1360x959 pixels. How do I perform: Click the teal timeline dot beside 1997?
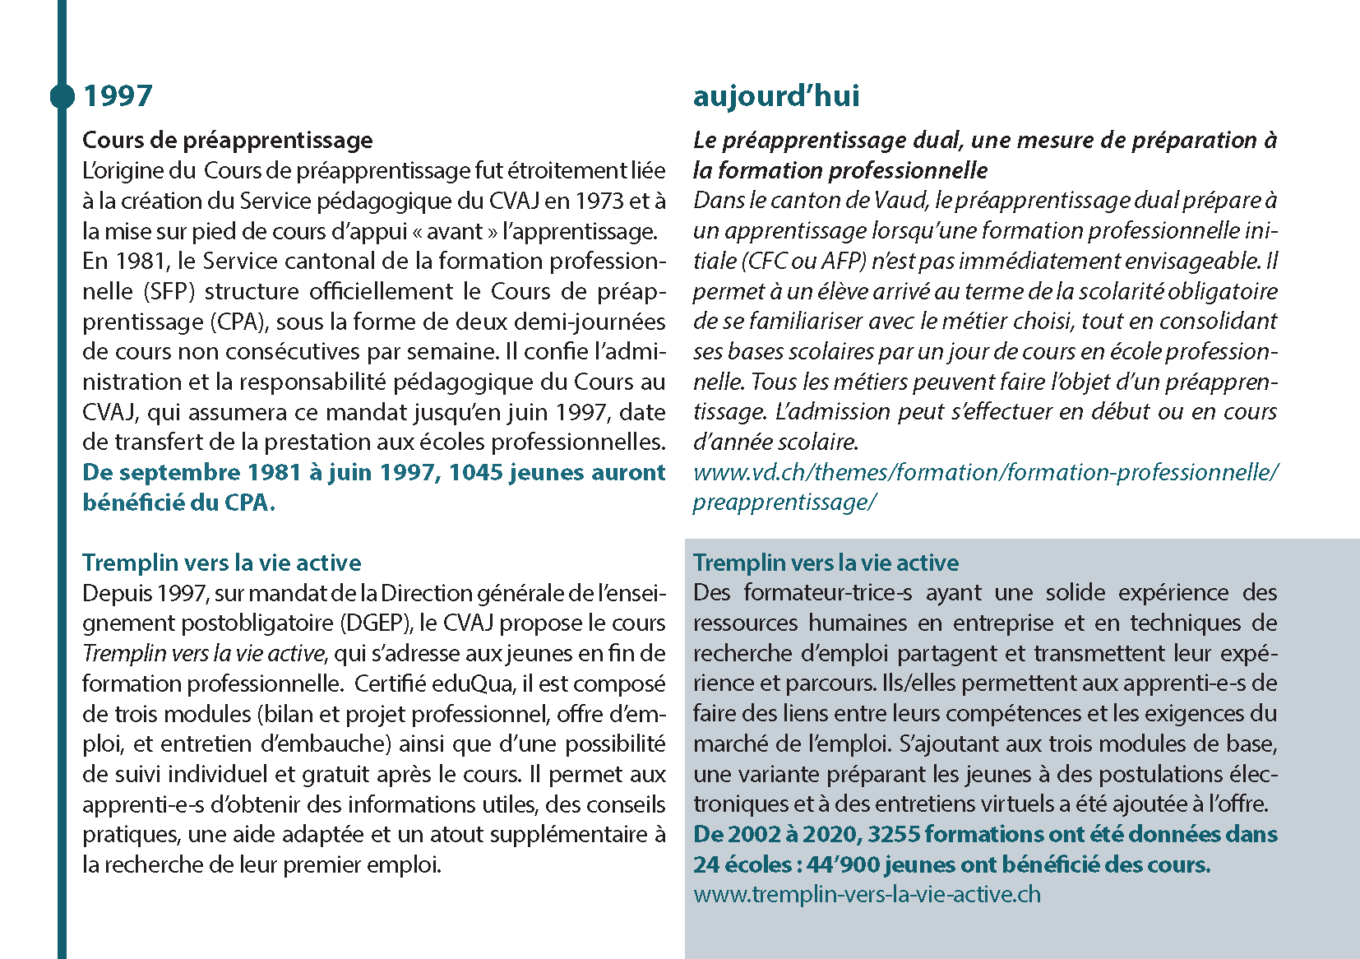point(62,96)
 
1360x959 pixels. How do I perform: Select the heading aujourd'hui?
point(775,96)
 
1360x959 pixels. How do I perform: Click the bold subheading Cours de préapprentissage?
point(227,140)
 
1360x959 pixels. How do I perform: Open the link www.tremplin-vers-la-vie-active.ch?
point(867,895)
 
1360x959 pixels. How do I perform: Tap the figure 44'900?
point(840,865)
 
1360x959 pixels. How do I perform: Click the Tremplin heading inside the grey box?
point(826,563)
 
